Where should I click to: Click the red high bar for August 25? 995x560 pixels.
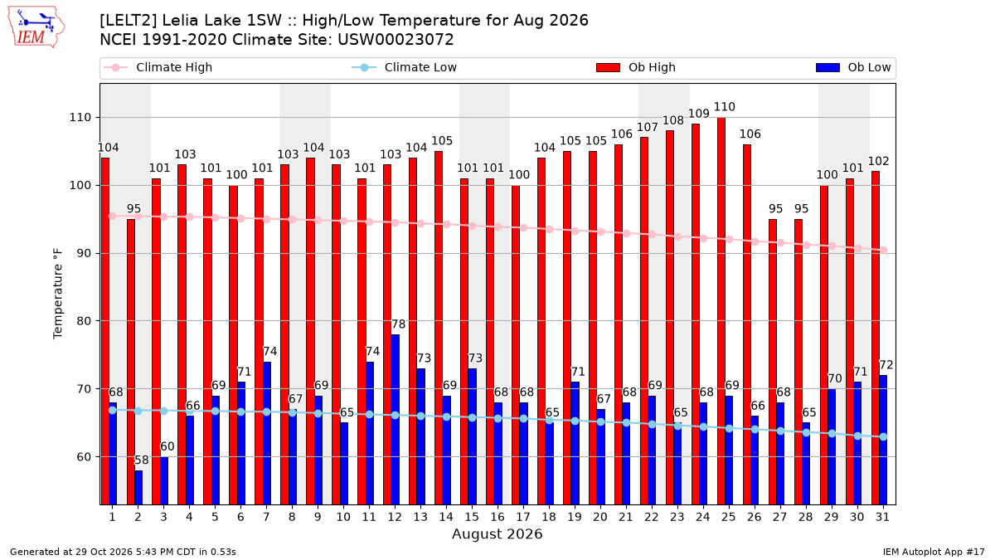pos(721,311)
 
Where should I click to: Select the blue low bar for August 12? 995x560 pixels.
pos(395,420)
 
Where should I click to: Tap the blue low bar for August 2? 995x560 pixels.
pos(138,488)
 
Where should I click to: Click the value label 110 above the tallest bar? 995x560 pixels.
pos(724,107)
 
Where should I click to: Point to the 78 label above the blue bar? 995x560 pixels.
pos(399,324)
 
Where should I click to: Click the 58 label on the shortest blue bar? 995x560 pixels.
pos(142,460)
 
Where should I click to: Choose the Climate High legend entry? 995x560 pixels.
pos(158,67)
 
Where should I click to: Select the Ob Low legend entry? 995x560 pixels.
pos(853,67)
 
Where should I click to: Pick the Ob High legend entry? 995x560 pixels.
pos(636,67)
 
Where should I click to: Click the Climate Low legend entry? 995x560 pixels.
pos(405,67)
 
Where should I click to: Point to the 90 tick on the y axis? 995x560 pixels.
pos(80,253)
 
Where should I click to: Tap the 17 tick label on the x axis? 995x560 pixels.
pos(523,517)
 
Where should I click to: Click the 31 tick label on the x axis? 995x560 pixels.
pos(882,517)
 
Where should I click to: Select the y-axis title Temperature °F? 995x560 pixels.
pos(58,295)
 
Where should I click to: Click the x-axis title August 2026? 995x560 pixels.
pos(497,533)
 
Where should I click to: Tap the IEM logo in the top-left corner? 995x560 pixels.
pos(36,27)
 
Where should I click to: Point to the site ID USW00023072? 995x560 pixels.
pos(396,40)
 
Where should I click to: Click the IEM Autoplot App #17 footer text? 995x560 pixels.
pos(934,552)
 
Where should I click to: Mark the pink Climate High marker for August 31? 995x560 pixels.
pos(884,251)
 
